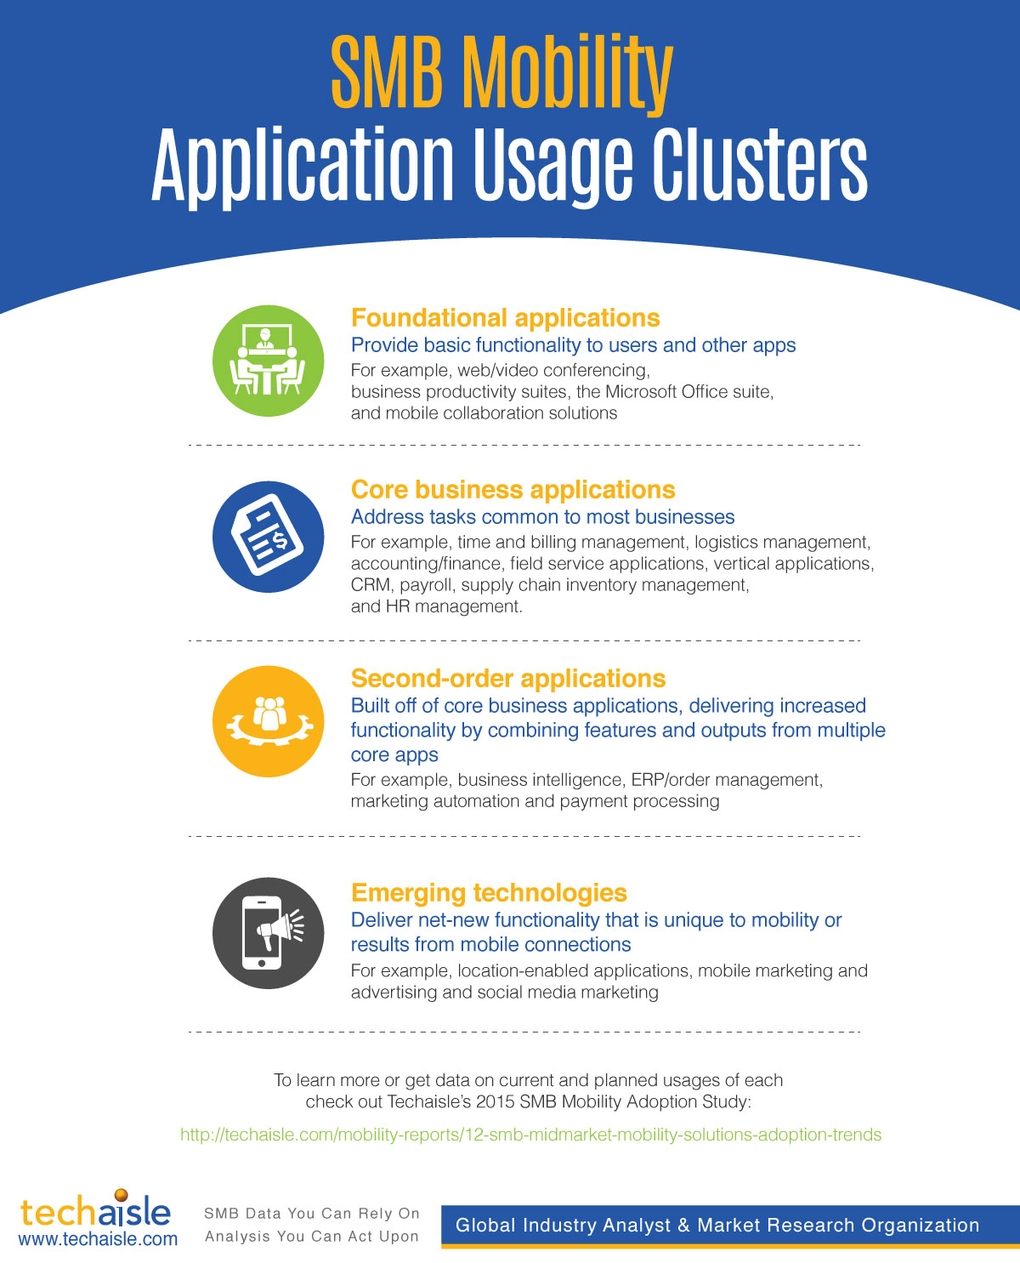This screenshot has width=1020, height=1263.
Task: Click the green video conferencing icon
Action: pyautogui.click(x=268, y=361)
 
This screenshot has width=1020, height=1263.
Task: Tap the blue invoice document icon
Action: pyautogui.click(x=268, y=537)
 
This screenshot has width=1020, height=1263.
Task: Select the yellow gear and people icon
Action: pyautogui.click(x=268, y=721)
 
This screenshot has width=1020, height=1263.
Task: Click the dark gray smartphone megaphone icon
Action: pyautogui.click(x=268, y=933)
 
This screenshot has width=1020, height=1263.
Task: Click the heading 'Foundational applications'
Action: pyautogui.click(x=505, y=318)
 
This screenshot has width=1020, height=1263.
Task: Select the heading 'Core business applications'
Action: pyautogui.click(x=513, y=490)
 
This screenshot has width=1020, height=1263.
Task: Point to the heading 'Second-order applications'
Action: pyautogui.click(x=508, y=679)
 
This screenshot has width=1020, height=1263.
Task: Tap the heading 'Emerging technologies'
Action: pyautogui.click(x=489, y=893)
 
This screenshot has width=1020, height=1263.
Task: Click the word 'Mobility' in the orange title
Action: pyautogui.click(x=567, y=72)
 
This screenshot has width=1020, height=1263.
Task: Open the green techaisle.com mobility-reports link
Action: pyautogui.click(x=530, y=1135)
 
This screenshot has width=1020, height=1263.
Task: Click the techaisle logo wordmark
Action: pyautogui.click(x=95, y=1211)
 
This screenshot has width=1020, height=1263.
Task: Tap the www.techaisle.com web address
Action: pyautogui.click(x=98, y=1238)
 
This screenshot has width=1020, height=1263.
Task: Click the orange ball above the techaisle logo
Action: pyautogui.click(x=121, y=1195)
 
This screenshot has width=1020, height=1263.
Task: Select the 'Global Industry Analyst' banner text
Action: pyautogui.click(x=717, y=1225)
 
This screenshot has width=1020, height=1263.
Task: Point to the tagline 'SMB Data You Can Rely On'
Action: pyautogui.click(x=312, y=1213)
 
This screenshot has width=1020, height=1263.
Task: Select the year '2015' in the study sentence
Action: pyautogui.click(x=495, y=1101)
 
